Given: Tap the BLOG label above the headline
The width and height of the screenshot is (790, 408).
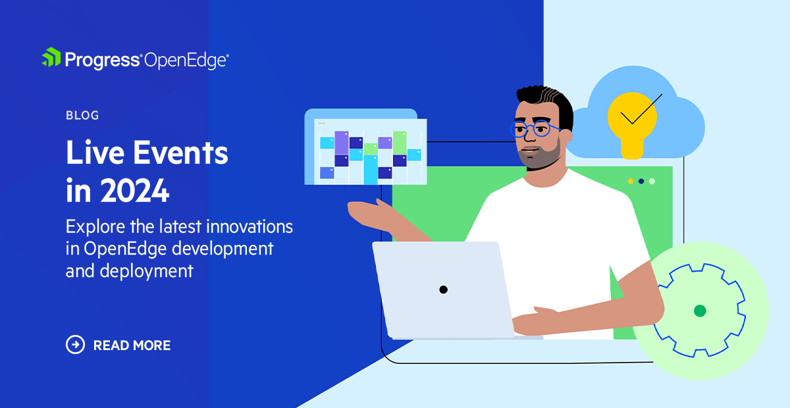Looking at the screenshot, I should pyautogui.click(x=82, y=116).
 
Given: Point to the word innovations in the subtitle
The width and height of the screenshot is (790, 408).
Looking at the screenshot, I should pyautogui.click(x=250, y=227).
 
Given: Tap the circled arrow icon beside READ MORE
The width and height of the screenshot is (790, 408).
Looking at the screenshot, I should pyautogui.click(x=75, y=345).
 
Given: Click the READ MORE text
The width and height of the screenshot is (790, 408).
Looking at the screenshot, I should pyautogui.click(x=132, y=345).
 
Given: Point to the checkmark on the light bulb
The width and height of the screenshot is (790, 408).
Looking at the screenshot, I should pyautogui.click(x=640, y=112).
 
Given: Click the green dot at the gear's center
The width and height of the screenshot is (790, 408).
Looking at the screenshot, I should pyautogui.click(x=700, y=311).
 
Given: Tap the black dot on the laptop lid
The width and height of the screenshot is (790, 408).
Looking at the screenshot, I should pyautogui.click(x=443, y=290).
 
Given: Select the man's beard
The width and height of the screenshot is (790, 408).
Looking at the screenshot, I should pyautogui.click(x=543, y=157).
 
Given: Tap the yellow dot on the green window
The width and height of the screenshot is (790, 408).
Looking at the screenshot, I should pyautogui.click(x=630, y=181).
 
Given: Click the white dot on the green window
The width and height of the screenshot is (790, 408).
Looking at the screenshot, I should pyautogui.click(x=652, y=181).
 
